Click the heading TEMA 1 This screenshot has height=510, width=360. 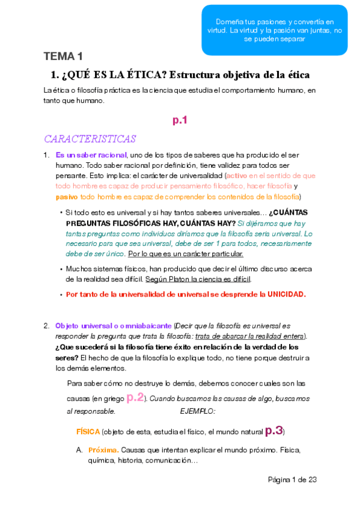click(x=63, y=57)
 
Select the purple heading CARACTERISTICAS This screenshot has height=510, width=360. click(x=90, y=139)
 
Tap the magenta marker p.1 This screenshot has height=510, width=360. click(x=180, y=120)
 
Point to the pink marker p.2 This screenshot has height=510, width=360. click(x=135, y=398)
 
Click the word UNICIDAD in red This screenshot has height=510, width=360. click(x=282, y=295)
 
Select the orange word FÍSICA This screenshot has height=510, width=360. click(x=88, y=432)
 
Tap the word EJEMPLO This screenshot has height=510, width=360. click(x=198, y=412)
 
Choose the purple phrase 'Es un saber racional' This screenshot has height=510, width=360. click(x=91, y=155)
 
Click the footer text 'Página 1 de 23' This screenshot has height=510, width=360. click(x=292, y=479)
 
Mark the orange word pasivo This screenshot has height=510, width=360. click(x=66, y=197)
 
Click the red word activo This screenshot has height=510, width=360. click(x=236, y=176)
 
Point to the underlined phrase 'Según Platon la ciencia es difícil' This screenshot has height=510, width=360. click(x=198, y=279)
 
